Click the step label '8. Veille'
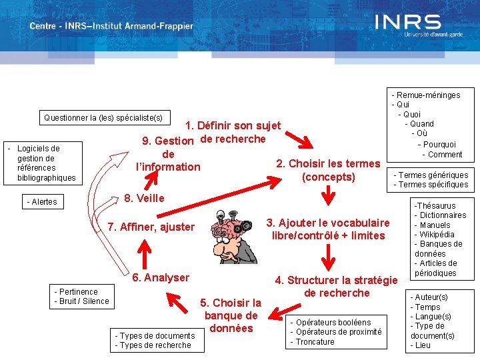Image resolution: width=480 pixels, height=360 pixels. (145, 198)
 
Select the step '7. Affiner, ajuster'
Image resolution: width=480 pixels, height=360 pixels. (151, 227)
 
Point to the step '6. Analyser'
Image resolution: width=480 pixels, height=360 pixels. (161, 277)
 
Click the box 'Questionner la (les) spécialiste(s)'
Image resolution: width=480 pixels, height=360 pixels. (103, 118)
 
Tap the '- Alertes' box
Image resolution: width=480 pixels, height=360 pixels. (42, 202)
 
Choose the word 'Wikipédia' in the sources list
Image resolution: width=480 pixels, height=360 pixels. (437, 235)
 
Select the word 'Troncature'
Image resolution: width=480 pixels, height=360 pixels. (317, 342)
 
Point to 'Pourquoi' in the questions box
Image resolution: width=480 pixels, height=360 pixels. (439, 145)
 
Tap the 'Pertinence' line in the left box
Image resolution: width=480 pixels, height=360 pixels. (77, 292)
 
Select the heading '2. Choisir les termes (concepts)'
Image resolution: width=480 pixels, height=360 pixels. (328, 170)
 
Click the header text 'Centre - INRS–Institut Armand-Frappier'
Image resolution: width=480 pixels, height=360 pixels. (111, 27)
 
